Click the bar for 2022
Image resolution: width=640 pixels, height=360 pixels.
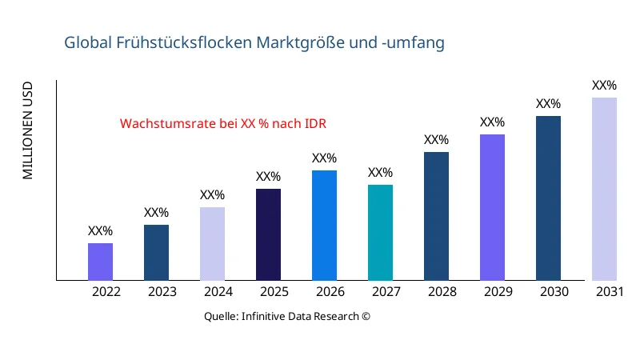pos(100,262)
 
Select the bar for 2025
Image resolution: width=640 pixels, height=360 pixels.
pos(268,234)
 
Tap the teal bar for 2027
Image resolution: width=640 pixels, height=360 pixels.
pos(380,233)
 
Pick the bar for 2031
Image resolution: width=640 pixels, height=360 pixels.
pos(604,189)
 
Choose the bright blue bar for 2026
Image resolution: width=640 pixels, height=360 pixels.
pos(324,225)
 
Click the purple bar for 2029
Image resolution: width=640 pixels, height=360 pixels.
pos(492,207)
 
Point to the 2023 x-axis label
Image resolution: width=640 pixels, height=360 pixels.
pos(162,292)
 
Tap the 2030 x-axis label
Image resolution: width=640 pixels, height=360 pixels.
pos(554,292)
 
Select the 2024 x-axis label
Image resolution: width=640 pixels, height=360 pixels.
pos(218,292)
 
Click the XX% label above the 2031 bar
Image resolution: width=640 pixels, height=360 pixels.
pos(604,86)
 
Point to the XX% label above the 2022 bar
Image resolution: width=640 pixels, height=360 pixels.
pos(100,231)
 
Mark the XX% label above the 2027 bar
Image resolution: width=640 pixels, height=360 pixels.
pos(380,173)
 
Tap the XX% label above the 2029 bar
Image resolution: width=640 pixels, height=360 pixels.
pos(492,122)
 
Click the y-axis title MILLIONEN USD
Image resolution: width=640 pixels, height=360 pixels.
pos(28,130)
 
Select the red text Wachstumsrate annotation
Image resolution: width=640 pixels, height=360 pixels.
pos(223,124)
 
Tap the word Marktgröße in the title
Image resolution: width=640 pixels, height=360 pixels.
pos(298,42)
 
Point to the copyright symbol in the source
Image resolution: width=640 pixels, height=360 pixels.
pos(366,316)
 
